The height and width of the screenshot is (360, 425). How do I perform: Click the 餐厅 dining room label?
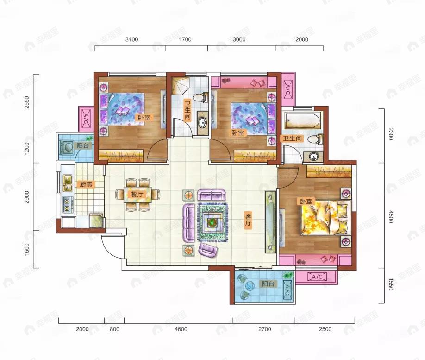pyautogui.click(x=137, y=194)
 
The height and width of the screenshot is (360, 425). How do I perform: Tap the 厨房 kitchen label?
pyautogui.click(x=86, y=185)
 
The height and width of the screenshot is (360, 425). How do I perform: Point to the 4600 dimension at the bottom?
pyautogui.click(x=181, y=329)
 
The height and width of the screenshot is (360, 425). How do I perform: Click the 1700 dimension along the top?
pyautogui.click(x=185, y=39)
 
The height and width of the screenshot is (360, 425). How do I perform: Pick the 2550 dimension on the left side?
pyautogui.click(x=26, y=102)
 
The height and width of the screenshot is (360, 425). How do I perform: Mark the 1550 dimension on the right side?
pyautogui.click(x=390, y=284)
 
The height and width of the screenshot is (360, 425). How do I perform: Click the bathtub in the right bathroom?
pyautogui.click(x=302, y=120)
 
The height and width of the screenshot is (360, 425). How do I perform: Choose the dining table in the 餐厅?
pyautogui.click(x=137, y=194)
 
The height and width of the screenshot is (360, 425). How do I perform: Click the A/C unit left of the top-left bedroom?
pyautogui.click(x=85, y=119)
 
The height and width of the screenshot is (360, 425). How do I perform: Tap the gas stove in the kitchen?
pyautogui.click(x=66, y=204)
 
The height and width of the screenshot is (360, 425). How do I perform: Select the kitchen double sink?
pyautogui.click(x=67, y=183)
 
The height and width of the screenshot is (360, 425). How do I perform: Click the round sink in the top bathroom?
pyautogui.click(x=202, y=123)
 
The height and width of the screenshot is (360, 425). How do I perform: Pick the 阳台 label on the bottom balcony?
pyautogui.click(x=268, y=284)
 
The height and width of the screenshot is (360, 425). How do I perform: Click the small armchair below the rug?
pyautogui.click(x=207, y=249)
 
